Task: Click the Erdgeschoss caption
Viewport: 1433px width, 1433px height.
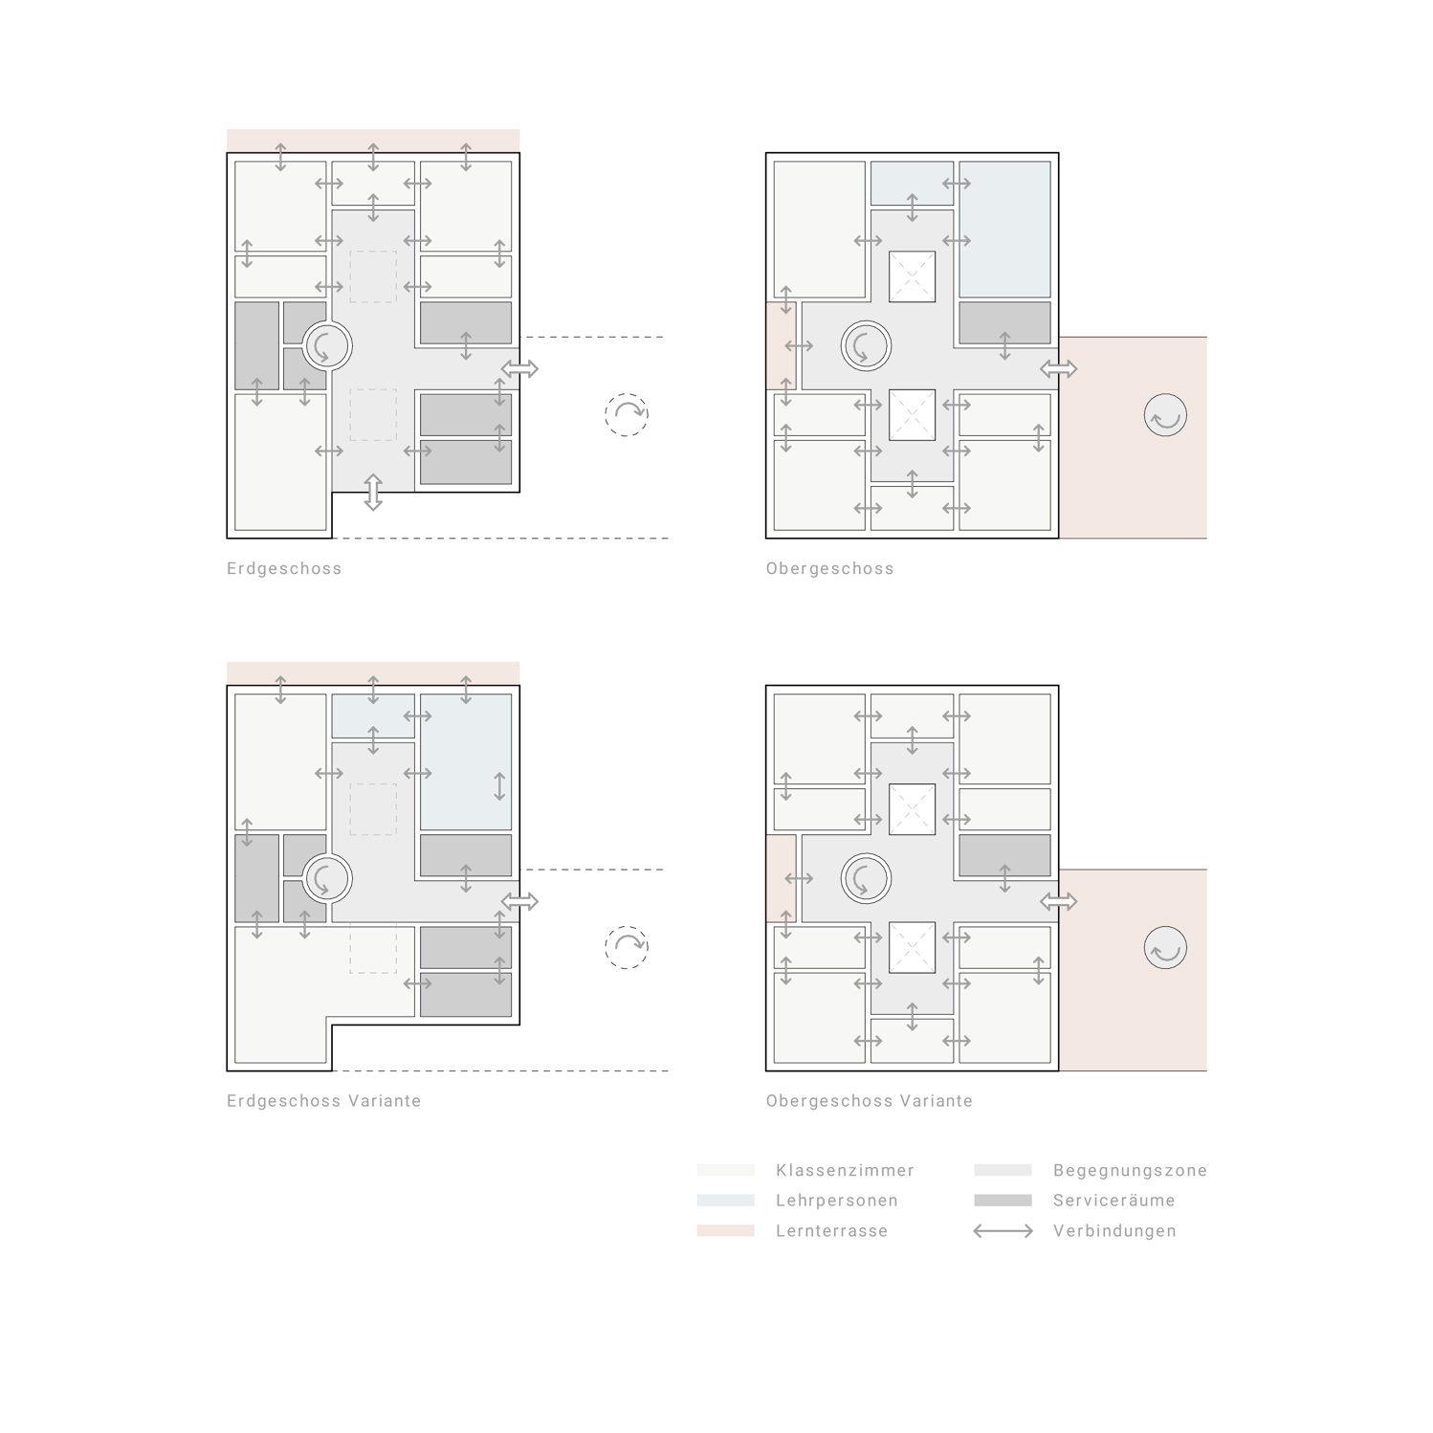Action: (284, 568)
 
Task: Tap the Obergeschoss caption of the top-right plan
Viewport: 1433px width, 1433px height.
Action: (829, 568)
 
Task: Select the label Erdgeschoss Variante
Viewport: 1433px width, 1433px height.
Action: (323, 1101)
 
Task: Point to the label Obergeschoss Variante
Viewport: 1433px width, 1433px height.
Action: (869, 1101)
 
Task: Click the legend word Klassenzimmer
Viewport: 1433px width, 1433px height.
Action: (845, 1170)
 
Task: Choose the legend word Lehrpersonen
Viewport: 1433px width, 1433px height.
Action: (836, 1201)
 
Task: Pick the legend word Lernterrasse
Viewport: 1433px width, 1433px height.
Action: (831, 1231)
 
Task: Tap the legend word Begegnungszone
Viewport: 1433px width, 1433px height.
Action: (1130, 1170)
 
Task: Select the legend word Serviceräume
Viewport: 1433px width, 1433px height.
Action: (1113, 1201)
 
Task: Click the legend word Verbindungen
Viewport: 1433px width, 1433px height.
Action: (1114, 1231)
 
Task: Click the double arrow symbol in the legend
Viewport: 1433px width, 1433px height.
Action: (1003, 1231)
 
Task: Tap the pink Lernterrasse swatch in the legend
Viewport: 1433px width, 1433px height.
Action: (725, 1231)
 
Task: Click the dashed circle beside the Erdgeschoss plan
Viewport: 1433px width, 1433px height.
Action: (627, 415)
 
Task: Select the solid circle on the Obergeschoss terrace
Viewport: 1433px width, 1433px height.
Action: (1165, 416)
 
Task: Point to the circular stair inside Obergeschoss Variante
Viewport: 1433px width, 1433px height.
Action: (866, 878)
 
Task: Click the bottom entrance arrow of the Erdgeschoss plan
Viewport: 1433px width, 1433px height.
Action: (373, 492)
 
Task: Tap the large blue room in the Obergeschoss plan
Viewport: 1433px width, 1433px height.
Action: (1004, 230)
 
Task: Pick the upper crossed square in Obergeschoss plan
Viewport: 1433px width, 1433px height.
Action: (912, 276)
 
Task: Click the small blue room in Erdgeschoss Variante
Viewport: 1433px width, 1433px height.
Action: (373, 716)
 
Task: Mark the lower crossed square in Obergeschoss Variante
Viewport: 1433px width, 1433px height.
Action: (912, 947)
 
